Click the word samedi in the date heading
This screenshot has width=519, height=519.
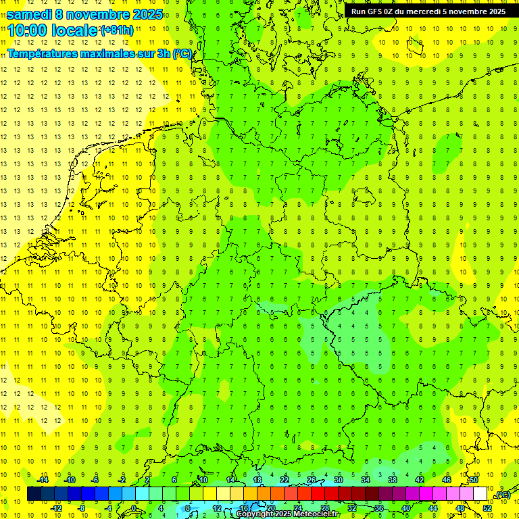[x=29, y=14]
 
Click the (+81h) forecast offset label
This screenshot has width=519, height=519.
[x=116, y=30]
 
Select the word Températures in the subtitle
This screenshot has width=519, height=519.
[x=47, y=53]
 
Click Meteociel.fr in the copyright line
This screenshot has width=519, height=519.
[x=316, y=514]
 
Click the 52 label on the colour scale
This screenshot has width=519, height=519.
[x=487, y=508]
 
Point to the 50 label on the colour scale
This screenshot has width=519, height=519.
[x=474, y=480]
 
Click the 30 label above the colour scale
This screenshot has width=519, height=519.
[x=339, y=480]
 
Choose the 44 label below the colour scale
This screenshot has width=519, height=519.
[x=433, y=508]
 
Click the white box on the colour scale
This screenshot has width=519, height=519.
[x=480, y=494]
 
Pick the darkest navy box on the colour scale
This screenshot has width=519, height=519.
[x=34, y=494]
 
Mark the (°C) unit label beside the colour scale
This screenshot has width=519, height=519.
[x=503, y=495]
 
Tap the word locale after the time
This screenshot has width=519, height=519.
[x=74, y=30]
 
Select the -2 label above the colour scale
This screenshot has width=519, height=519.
[x=122, y=480]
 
